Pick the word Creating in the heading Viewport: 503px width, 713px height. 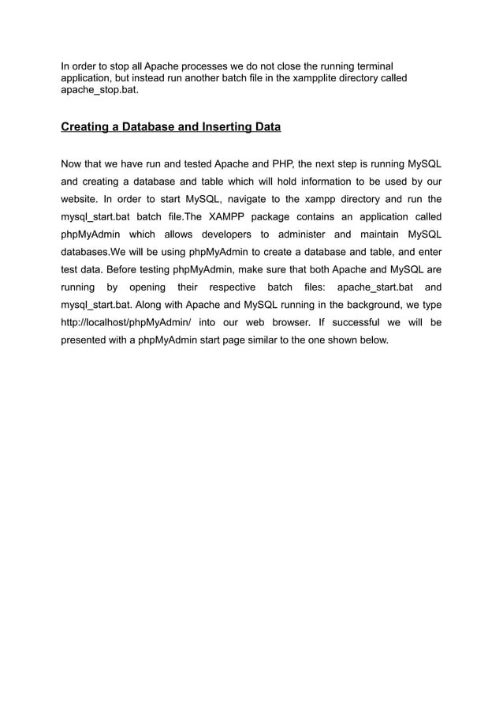86,126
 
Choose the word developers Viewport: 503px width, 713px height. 225,235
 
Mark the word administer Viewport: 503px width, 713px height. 306,235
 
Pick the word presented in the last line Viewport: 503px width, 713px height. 86,340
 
